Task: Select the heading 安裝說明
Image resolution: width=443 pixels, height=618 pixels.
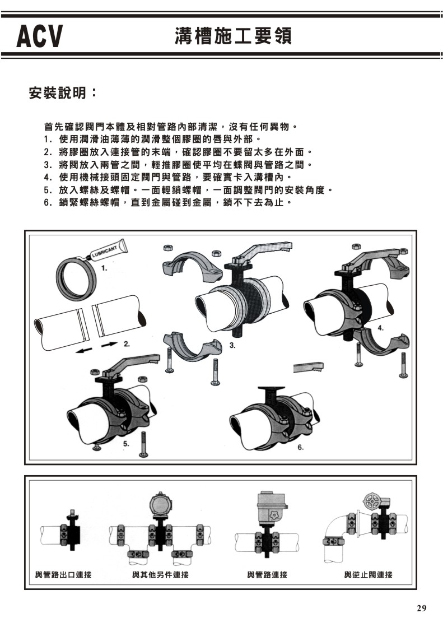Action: click(x=63, y=92)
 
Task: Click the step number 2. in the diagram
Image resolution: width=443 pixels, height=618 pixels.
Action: click(x=127, y=342)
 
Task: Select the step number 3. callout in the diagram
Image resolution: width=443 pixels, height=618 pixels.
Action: click(x=232, y=346)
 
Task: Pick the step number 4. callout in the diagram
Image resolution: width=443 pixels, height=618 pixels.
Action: click(x=380, y=328)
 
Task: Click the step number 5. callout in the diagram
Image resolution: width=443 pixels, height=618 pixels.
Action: click(x=127, y=443)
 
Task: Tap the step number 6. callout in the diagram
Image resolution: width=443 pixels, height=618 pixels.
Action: click(x=300, y=447)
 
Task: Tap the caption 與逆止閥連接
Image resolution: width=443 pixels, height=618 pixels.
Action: click(x=368, y=575)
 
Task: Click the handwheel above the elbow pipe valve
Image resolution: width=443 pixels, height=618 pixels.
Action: click(x=372, y=501)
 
